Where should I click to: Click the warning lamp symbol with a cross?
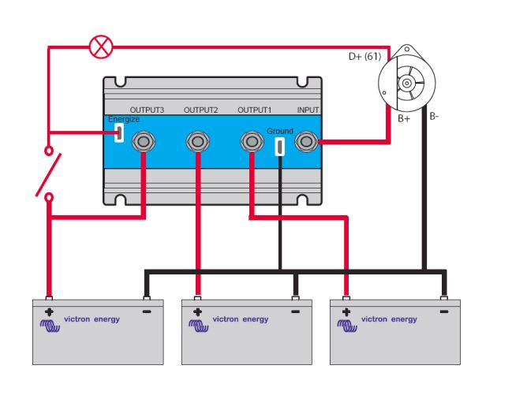pyautogui.click(x=100, y=47)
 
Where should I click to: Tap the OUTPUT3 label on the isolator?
pyautogui.click(x=146, y=110)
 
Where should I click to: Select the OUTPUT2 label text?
pyautogui.click(x=200, y=110)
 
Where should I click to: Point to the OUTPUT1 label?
pyautogui.click(x=254, y=110)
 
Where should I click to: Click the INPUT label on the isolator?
pyautogui.click(x=308, y=110)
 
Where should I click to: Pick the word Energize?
pyautogui.click(x=123, y=119)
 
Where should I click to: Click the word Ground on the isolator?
pyautogui.click(x=279, y=131)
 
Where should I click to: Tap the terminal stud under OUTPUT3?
pyautogui.click(x=144, y=142)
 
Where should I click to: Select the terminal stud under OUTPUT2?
pyautogui.click(x=197, y=142)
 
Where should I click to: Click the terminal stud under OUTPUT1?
pyautogui.click(x=251, y=142)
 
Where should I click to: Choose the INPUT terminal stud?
pyautogui.click(x=305, y=142)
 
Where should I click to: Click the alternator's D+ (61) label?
pyautogui.click(x=364, y=57)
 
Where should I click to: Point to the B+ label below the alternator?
pyautogui.click(x=403, y=119)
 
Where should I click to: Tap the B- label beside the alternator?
pyautogui.click(x=435, y=117)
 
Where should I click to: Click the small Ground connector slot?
pyautogui.click(x=279, y=146)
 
